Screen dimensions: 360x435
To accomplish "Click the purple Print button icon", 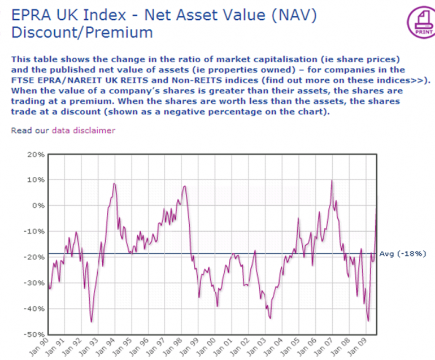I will click(x=419, y=22).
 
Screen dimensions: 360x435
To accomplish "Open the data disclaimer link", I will click(x=83, y=131).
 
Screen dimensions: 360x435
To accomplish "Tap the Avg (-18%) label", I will click(x=403, y=253).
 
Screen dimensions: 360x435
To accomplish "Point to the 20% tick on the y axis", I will click(x=35, y=154).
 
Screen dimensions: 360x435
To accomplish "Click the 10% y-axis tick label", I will click(x=35, y=180).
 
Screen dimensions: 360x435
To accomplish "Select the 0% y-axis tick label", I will click(x=37, y=206).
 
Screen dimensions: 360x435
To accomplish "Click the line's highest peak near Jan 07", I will click(x=332, y=181).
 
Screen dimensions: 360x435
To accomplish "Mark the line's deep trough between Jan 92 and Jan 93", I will click(x=92, y=321).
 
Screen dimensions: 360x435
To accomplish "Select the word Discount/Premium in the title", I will click(x=82, y=32).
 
